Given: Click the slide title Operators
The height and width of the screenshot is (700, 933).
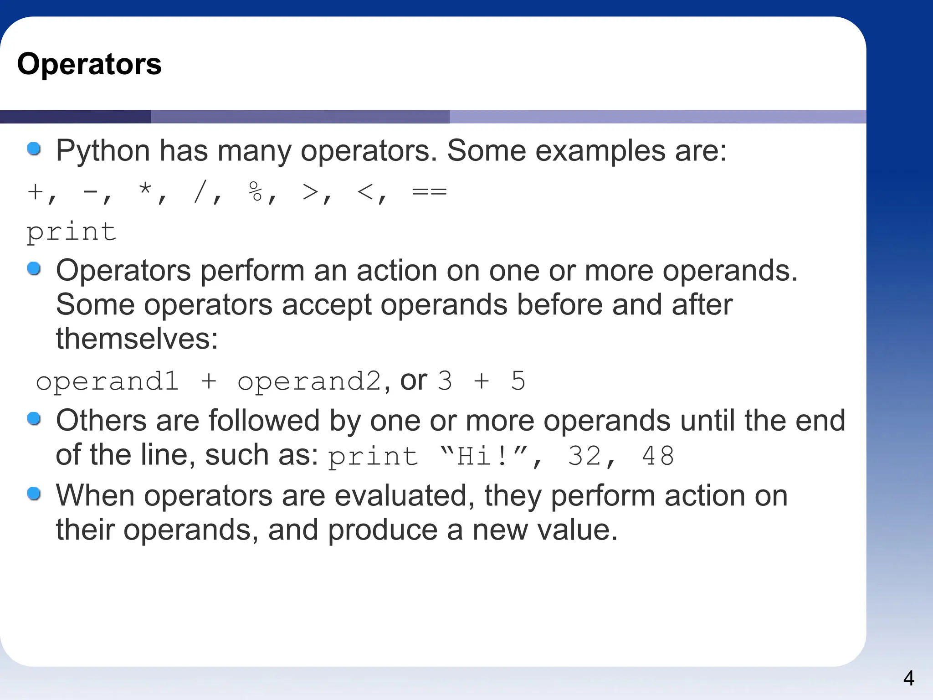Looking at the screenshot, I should pyautogui.click(x=89, y=64).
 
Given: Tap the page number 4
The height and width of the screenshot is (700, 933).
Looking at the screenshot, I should pyautogui.click(x=908, y=678).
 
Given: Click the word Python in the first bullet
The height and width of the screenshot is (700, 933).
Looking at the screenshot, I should pyautogui.click(x=103, y=151).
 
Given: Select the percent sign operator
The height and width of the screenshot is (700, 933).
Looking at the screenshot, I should pyautogui.click(x=256, y=191).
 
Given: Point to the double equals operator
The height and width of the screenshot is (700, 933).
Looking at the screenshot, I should pyautogui.click(x=429, y=191).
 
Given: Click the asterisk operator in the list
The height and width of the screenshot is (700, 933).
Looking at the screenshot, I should pyautogui.click(x=145, y=190).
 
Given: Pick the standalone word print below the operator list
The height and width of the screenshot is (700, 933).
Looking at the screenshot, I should pyautogui.click(x=72, y=232).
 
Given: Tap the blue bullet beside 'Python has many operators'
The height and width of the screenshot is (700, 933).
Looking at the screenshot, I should pyautogui.click(x=34, y=149).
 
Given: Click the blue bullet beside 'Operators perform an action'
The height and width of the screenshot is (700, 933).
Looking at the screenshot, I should pyautogui.click(x=34, y=269).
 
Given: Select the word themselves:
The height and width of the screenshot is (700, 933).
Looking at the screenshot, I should pyautogui.click(x=137, y=339).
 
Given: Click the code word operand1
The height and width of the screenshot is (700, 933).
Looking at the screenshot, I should pyautogui.click(x=107, y=381).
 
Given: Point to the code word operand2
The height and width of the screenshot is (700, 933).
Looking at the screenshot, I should pyautogui.click(x=309, y=381).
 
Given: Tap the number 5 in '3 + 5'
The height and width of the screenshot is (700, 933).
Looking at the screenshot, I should pyautogui.click(x=518, y=381).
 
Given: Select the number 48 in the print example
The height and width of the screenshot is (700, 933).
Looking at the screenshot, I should pyautogui.click(x=658, y=456).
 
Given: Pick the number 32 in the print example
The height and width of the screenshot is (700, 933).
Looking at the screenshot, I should pyautogui.click(x=584, y=456).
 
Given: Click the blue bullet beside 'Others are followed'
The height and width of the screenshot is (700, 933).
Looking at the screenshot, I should pyautogui.click(x=34, y=418).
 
